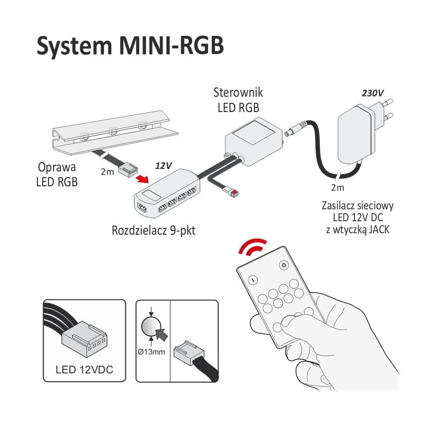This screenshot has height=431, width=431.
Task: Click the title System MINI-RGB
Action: point(130,46)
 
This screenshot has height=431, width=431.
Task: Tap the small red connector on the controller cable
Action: point(234,192)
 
